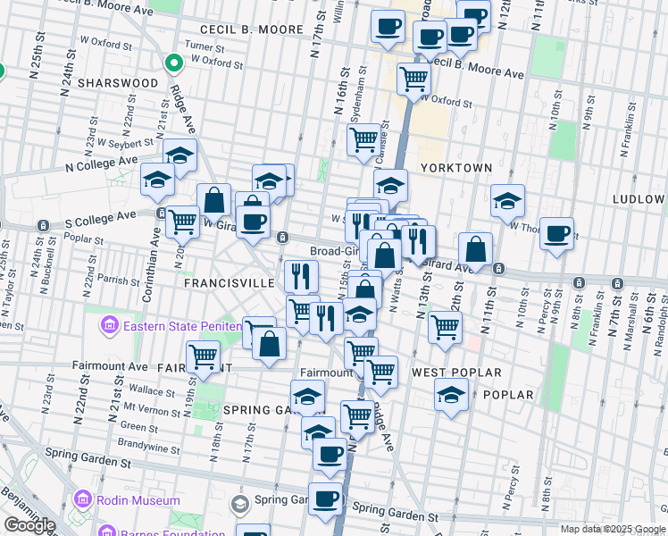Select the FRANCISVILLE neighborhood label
point(229,282)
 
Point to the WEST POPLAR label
point(456,372)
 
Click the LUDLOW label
point(639,198)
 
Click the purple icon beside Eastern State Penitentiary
point(111,325)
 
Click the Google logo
point(29,525)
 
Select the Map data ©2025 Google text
point(613,529)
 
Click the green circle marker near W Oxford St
point(173,63)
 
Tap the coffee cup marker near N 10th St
point(557,233)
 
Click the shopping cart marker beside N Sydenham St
point(363,139)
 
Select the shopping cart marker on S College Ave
point(182,221)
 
